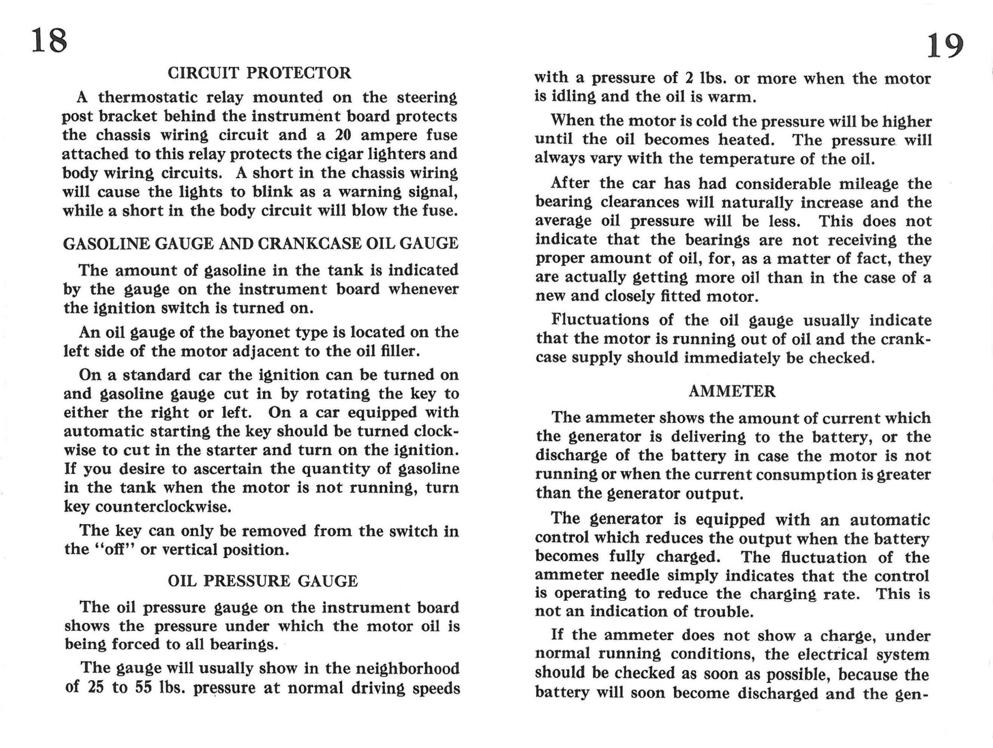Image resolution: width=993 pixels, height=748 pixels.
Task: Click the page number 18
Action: pyautogui.click(x=49, y=40)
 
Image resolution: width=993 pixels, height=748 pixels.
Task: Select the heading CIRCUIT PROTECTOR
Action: pyautogui.click(x=259, y=73)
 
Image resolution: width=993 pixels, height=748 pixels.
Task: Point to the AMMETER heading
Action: pyautogui.click(x=732, y=391)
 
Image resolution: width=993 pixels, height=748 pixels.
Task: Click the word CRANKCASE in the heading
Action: pyautogui.click(x=309, y=243)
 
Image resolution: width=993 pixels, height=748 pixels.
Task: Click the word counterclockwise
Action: pyautogui.click(x=163, y=507)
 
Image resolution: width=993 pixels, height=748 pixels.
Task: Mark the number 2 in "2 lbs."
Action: pyautogui.click(x=689, y=79)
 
